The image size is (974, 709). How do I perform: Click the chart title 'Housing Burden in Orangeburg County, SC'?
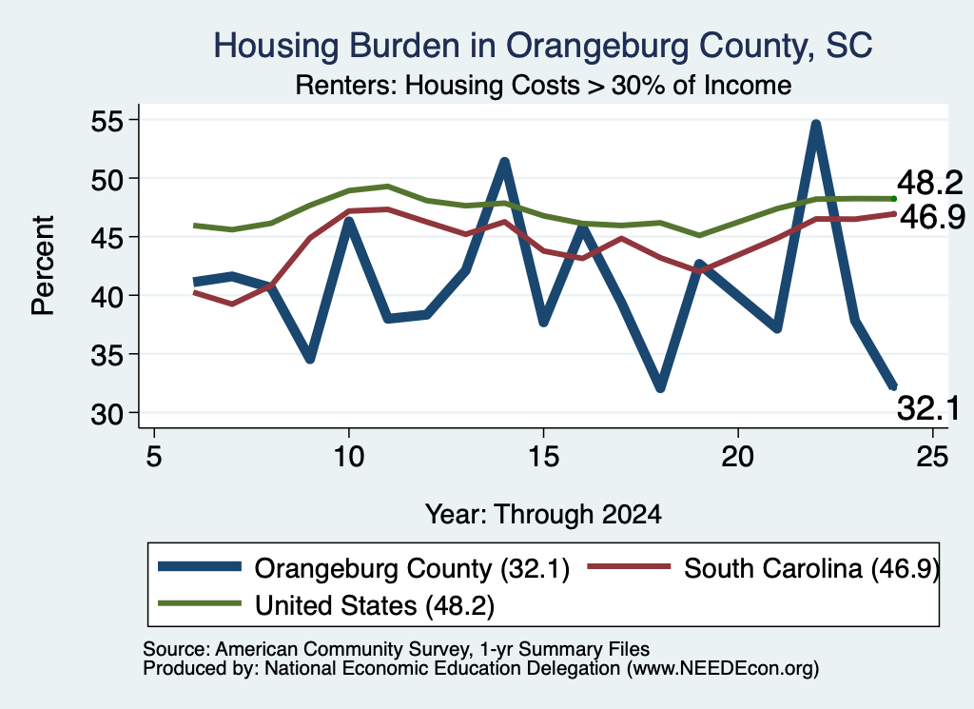[543, 46]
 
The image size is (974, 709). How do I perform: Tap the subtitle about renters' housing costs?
[543, 85]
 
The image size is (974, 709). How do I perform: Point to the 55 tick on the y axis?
[108, 121]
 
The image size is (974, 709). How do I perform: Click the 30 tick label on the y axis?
[108, 413]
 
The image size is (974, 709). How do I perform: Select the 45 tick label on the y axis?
[108, 237]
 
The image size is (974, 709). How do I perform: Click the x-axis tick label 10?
[348, 457]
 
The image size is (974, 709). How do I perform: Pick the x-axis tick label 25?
[932, 457]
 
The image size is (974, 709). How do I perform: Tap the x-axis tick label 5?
[154, 457]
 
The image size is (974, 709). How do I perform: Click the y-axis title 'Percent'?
[43, 266]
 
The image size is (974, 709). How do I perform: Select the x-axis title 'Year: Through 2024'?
[543, 515]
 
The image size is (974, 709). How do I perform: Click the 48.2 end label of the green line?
[930, 184]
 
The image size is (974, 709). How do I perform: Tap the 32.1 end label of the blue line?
[928, 408]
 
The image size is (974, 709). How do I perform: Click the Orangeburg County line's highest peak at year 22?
[815, 125]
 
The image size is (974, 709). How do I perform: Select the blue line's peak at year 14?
[504, 162]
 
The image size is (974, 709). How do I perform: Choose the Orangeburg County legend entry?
[364, 567]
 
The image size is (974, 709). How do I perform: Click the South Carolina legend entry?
[764, 567]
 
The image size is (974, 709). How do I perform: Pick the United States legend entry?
[326, 604]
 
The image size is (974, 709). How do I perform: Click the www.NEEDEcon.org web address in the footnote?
[723, 668]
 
